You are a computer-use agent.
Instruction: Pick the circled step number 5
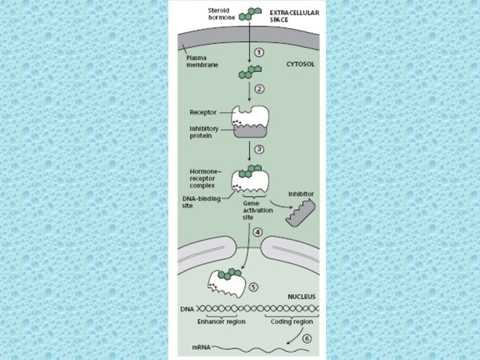[253, 287]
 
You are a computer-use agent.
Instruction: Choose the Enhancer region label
[222, 321]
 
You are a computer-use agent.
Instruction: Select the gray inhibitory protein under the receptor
[250, 131]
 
